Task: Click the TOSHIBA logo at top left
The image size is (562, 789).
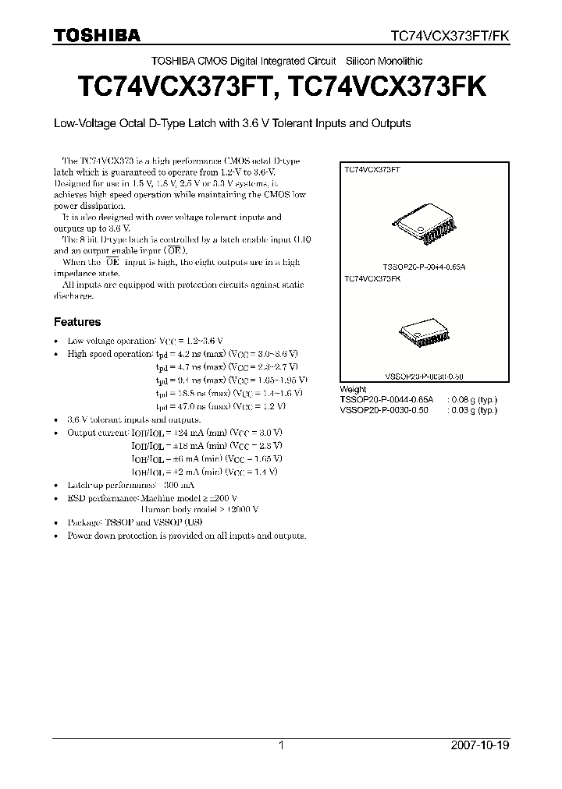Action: click(x=97, y=35)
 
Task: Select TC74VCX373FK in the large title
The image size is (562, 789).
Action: click(x=387, y=87)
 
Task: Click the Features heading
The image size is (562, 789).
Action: click(x=76, y=321)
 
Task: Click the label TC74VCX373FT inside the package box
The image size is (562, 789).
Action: click(x=372, y=168)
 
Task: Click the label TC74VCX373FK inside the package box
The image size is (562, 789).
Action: click(x=372, y=278)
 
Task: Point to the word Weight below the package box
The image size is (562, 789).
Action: click(x=353, y=389)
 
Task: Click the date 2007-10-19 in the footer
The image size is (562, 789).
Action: click(x=479, y=745)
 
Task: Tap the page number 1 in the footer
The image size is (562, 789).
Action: click(x=281, y=745)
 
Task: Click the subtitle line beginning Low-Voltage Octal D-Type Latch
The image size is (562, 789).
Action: click(x=231, y=123)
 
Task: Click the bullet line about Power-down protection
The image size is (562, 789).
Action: click(x=187, y=536)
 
